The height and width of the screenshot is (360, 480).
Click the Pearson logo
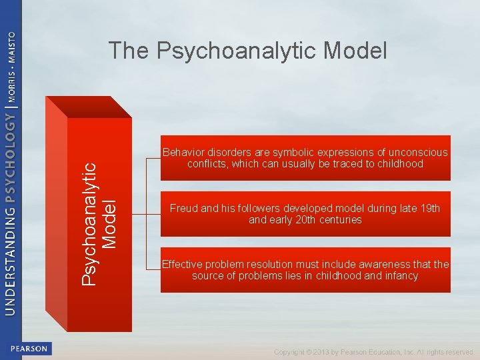29,349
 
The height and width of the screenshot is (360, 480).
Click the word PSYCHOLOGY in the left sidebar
11,157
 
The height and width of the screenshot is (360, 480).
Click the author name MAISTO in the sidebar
11,47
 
